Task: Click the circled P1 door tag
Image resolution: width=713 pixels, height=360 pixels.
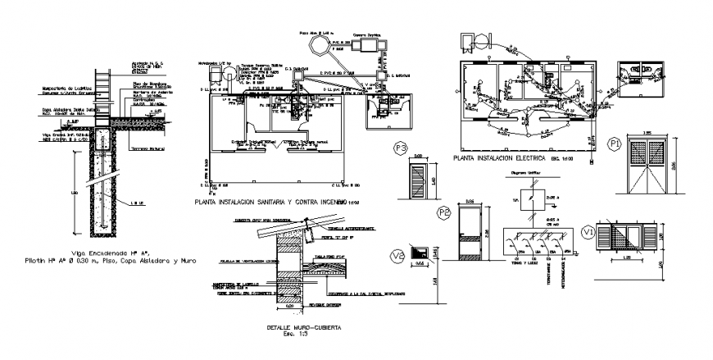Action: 615,144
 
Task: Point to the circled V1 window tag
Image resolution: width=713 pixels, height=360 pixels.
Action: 586,234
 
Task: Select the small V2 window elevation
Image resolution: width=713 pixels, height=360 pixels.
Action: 421,255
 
